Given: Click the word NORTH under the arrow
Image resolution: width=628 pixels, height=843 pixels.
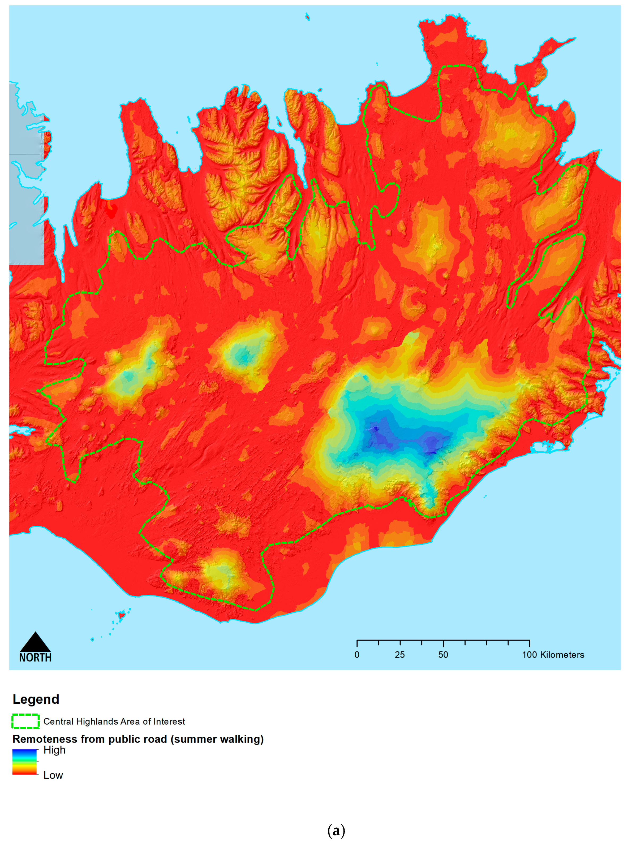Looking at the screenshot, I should click(x=35, y=658).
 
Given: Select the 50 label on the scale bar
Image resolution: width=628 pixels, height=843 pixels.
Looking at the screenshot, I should click(x=443, y=655).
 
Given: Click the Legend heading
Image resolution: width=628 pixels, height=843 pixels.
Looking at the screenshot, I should click(x=36, y=699).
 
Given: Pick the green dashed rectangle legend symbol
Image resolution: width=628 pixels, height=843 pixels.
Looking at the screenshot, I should click(x=25, y=721).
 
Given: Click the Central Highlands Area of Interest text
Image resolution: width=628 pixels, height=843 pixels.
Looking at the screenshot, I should click(x=114, y=721).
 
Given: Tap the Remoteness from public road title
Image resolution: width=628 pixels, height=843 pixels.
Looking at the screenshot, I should click(x=138, y=739).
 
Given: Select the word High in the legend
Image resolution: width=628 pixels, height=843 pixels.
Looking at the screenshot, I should click(x=54, y=750).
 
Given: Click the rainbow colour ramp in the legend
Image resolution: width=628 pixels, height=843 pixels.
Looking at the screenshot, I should click(x=25, y=762).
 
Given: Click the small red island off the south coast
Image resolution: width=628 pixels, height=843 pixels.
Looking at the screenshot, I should click(x=122, y=615).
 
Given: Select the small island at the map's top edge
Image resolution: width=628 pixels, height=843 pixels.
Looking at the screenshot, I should click(x=307, y=16).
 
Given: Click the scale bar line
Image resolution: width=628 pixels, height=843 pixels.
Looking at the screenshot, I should click(x=443, y=641).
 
